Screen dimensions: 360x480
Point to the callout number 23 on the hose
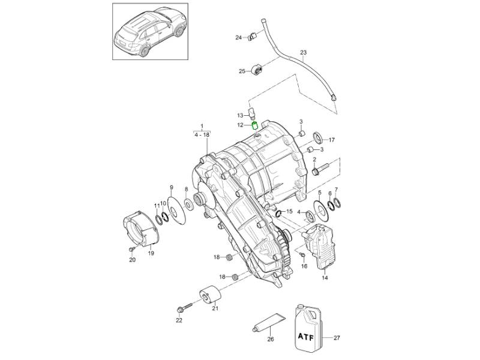303,53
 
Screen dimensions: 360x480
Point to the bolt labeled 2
317,170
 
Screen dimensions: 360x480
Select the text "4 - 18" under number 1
202,136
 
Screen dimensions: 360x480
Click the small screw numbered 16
303,256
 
